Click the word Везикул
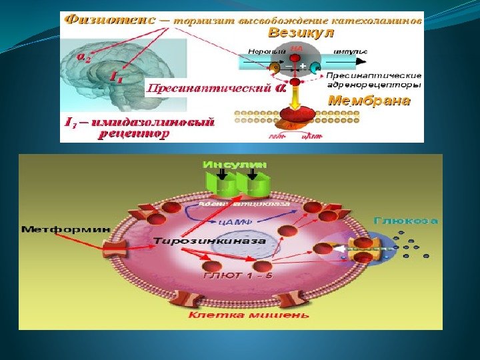[300, 32]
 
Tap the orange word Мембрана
[369, 102]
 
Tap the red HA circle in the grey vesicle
[297, 51]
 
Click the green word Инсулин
[236, 164]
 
